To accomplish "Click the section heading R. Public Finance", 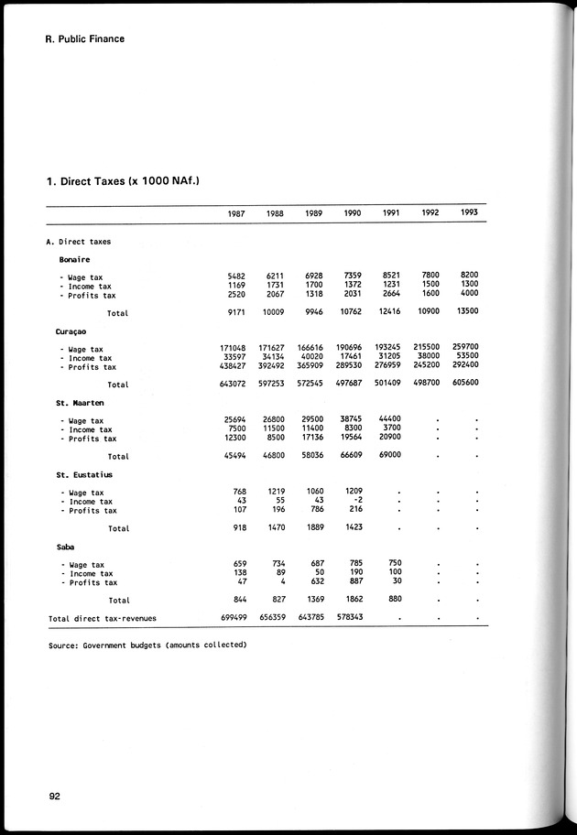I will (84, 39).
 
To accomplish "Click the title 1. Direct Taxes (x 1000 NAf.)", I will (123, 181).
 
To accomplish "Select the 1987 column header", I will (235, 213).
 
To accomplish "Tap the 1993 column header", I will (469, 212).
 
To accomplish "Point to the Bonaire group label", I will (74, 259).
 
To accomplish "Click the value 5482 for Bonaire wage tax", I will (237, 276).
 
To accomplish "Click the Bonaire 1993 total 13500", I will (467, 312).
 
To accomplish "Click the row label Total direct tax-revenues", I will (102, 619).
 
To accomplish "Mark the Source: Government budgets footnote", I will (147, 645).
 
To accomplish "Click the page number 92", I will (54, 797).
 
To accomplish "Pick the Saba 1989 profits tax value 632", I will (317, 581).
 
